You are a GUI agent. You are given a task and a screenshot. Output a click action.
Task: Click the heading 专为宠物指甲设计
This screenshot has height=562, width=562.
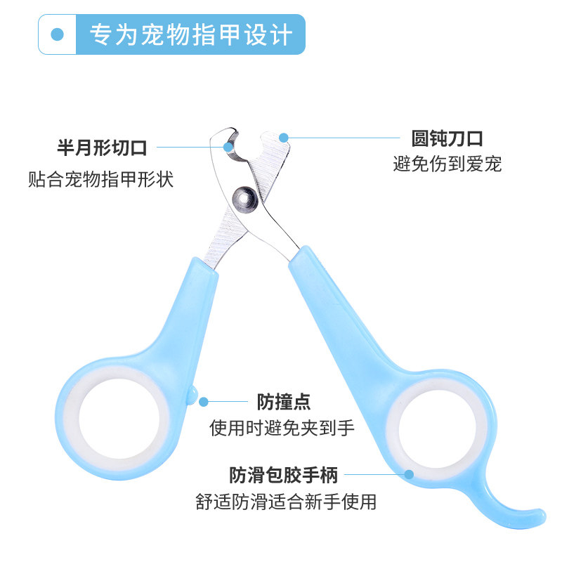(x=191, y=34)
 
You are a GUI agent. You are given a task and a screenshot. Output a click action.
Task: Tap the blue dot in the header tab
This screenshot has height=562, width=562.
(x=58, y=34)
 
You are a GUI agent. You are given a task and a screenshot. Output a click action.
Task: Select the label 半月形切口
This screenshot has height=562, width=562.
(x=102, y=148)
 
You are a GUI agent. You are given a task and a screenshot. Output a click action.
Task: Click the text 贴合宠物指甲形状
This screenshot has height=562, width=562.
(x=100, y=179)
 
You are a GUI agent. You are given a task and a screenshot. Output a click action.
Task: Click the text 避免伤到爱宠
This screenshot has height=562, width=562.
(x=447, y=165)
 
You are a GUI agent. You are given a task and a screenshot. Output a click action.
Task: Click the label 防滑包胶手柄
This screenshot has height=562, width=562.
(x=283, y=476)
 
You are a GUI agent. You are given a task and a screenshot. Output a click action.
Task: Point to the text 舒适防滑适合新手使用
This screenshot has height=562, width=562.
(x=286, y=502)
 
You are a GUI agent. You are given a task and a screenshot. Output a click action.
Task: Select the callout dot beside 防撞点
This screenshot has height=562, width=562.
(x=204, y=402)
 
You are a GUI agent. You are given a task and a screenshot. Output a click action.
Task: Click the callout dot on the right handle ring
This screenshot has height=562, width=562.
(x=409, y=475)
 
